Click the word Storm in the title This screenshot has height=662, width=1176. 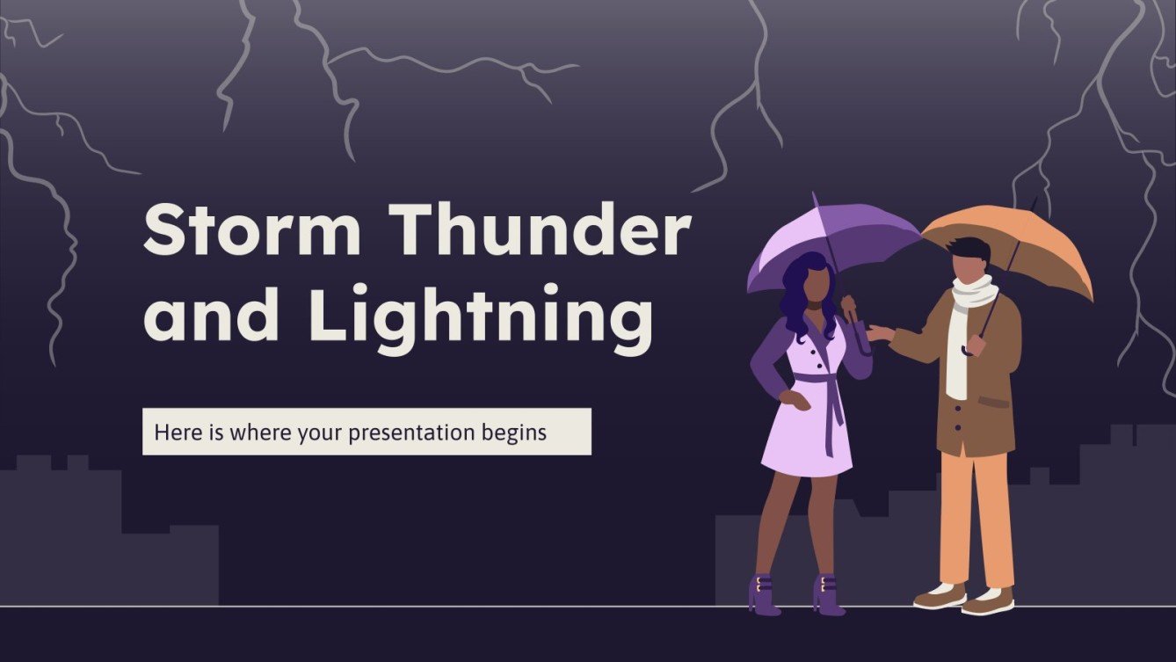(x=252, y=231)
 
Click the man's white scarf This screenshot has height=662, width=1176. (x=963, y=334)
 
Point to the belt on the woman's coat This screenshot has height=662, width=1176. (x=816, y=380)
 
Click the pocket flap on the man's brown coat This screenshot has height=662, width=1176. (x=994, y=401)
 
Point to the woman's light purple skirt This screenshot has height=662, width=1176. (x=806, y=440)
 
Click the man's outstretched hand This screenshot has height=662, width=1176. (x=880, y=333)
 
